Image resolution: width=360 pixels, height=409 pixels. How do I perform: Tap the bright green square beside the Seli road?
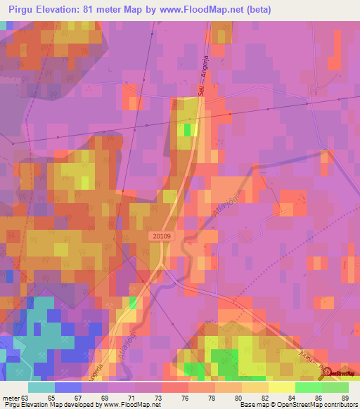click(188, 129)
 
